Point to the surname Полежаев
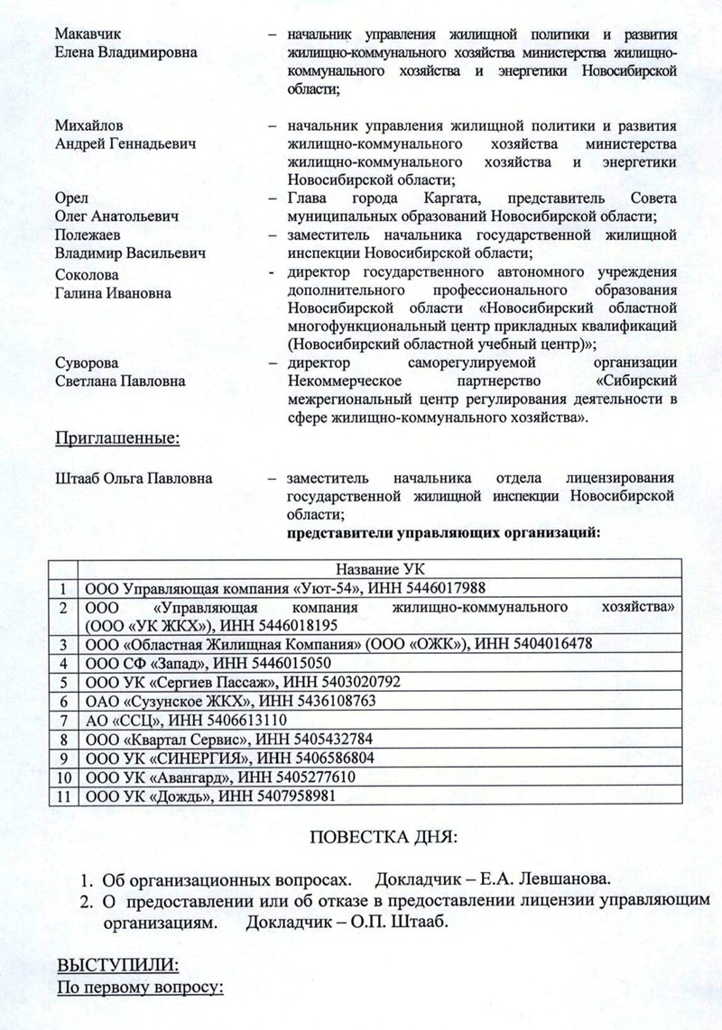[88, 235]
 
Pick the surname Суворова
[86, 363]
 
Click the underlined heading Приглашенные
[118, 439]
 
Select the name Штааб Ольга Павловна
[134, 477]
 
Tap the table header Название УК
[379, 569]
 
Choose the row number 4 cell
[63, 663]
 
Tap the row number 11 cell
[63, 795]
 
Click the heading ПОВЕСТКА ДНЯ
[384, 838]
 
